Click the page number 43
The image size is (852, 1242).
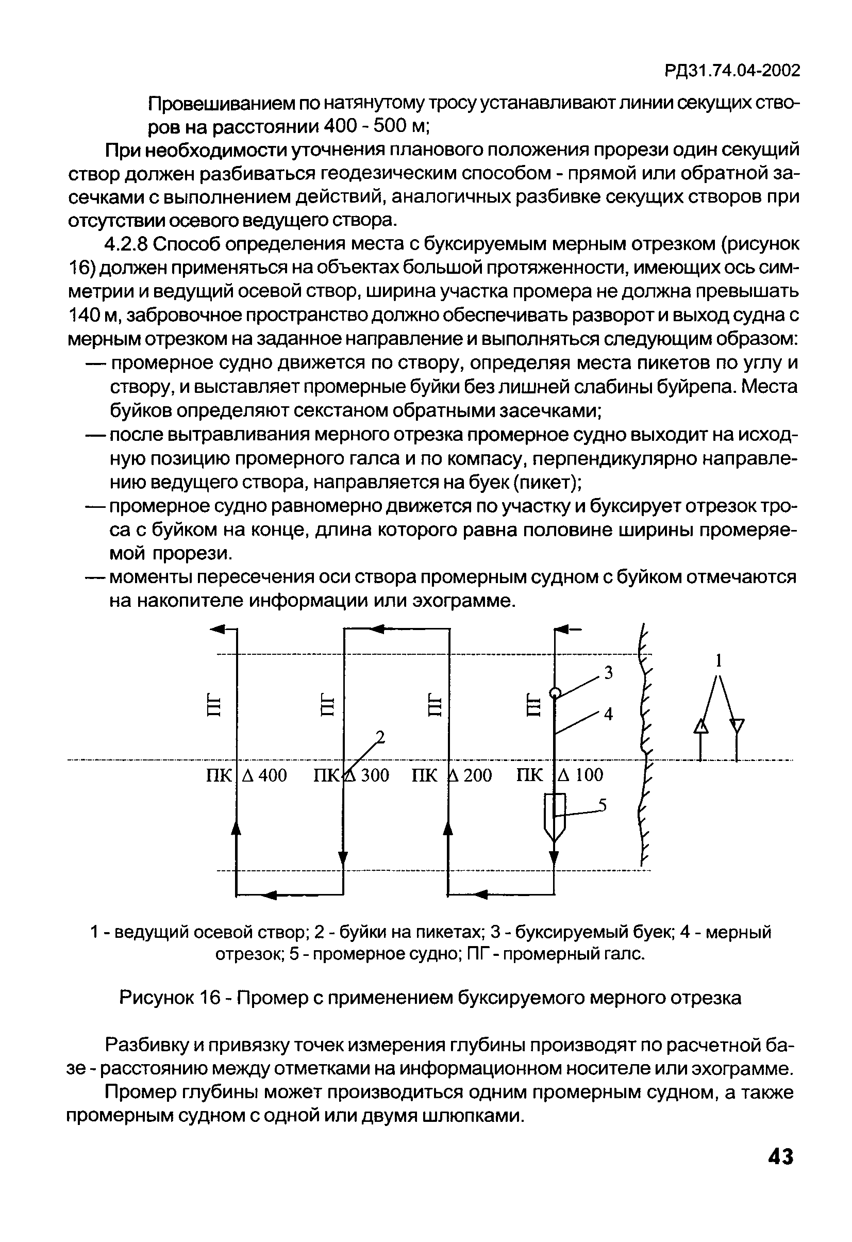tap(780, 1156)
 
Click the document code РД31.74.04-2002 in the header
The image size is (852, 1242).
tap(732, 71)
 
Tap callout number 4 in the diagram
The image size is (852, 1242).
tap(608, 714)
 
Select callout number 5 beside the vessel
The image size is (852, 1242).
tap(603, 805)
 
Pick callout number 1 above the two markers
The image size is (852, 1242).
tap(719, 661)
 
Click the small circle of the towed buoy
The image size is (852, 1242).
tap(556, 693)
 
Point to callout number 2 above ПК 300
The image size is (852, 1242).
tap(380, 737)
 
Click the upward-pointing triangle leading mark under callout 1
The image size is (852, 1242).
tap(700, 727)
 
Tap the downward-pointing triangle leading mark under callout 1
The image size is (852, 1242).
tap(737, 726)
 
